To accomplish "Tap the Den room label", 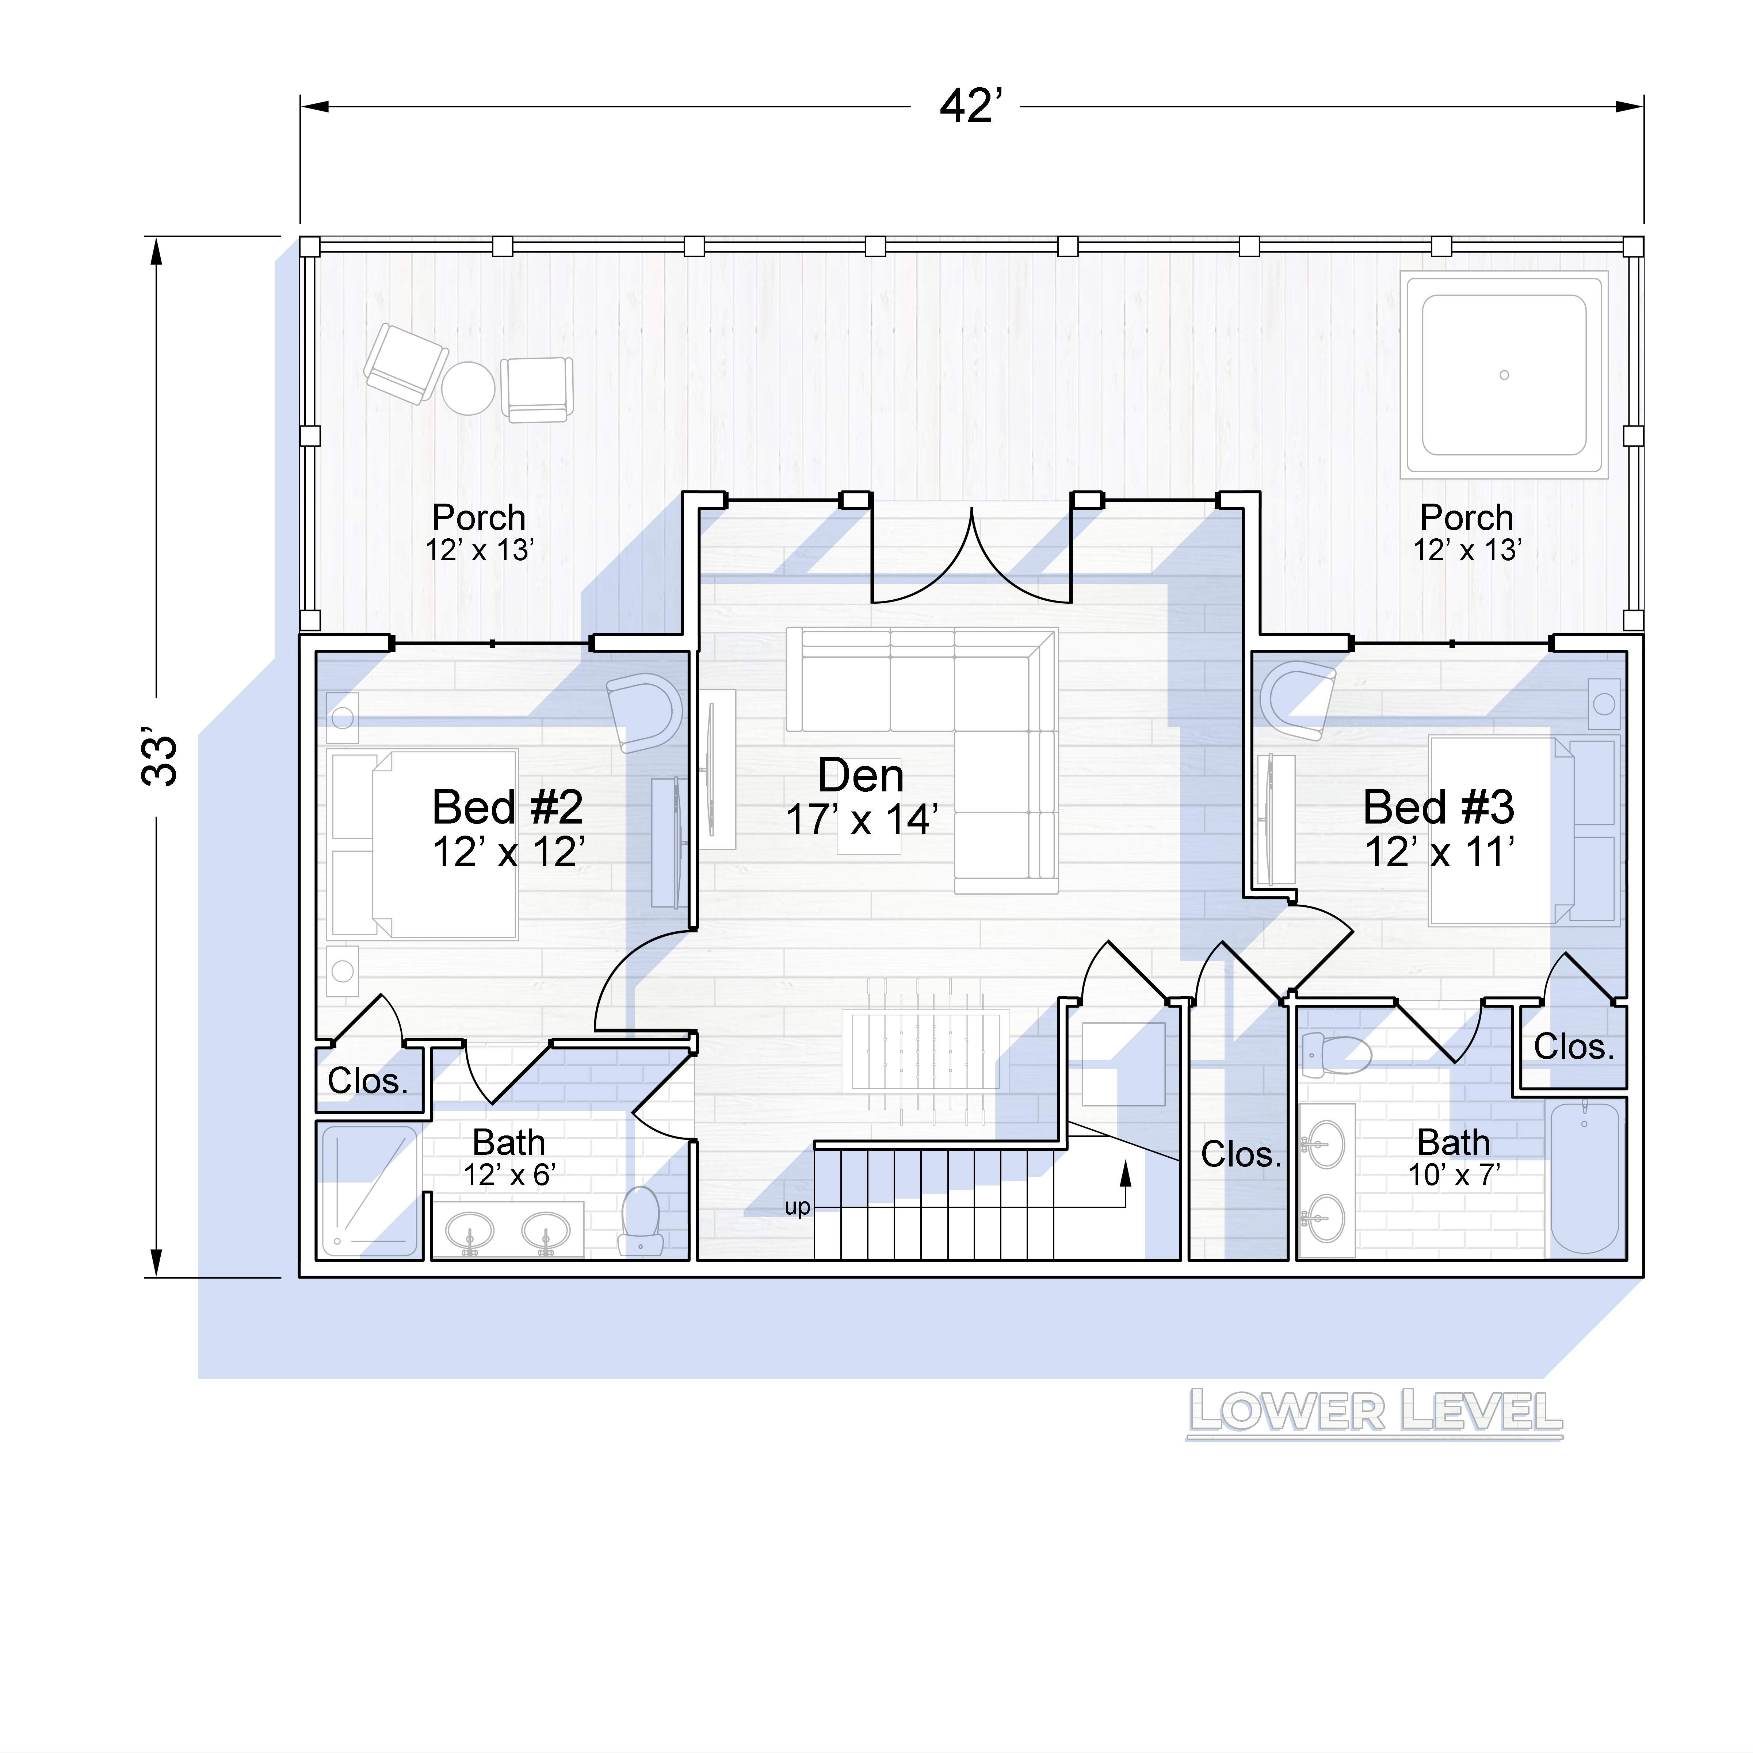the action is [861, 776].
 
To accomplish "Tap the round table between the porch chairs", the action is [468, 388].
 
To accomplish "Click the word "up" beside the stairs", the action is [798, 1208].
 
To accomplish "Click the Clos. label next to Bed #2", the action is [367, 1081].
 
